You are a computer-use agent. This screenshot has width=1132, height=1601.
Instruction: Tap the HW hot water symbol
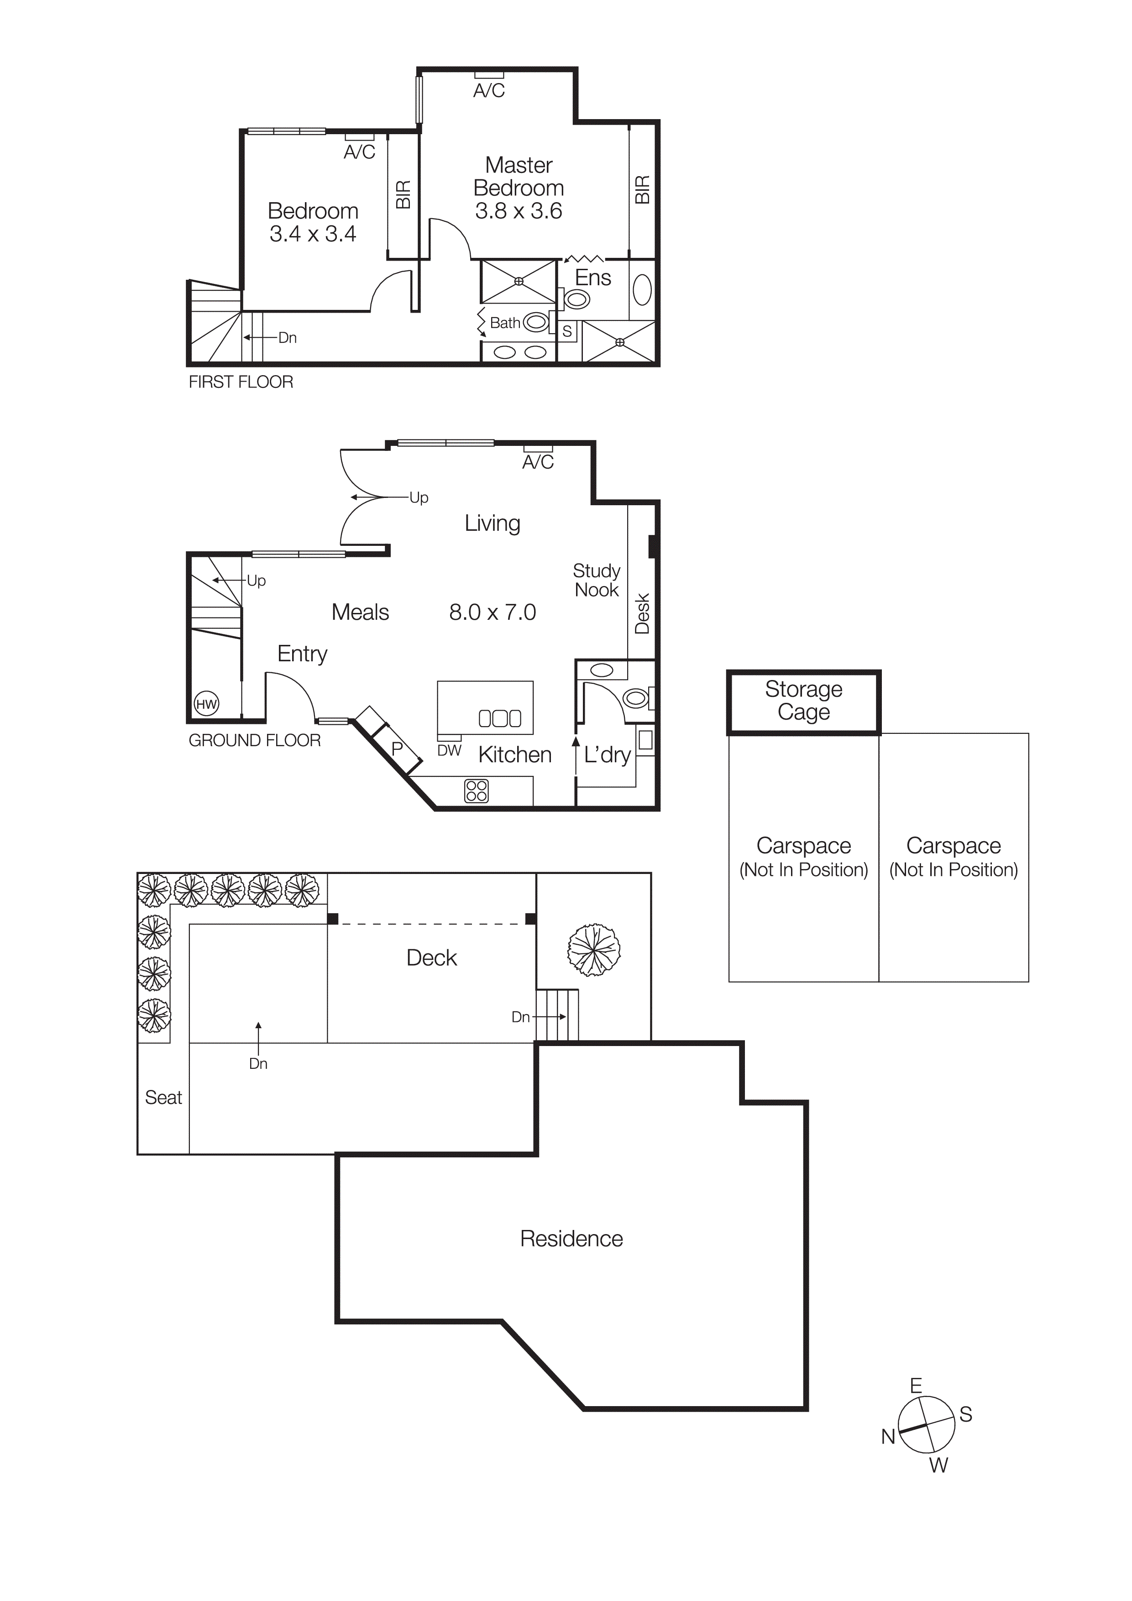pyautogui.click(x=206, y=704)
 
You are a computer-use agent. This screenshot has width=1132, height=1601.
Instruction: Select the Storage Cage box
pyautogui.click(x=803, y=701)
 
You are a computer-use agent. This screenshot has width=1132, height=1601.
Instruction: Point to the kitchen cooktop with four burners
pyautogui.click(x=477, y=791)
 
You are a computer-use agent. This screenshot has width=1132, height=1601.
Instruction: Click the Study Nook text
pyautogui.click(x=596, y=580)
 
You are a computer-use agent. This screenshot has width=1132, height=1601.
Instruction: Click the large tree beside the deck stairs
pyautogui.click(x=593, y=950)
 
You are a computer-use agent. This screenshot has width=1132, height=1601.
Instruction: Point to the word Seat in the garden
pyautogui.click(x=163, y=1098)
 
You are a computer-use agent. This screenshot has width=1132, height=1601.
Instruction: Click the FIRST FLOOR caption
pyautogui.click(x=241, y=382)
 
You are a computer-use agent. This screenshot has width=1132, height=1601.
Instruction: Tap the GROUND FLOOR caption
pyautogui.click(x=255, y=741)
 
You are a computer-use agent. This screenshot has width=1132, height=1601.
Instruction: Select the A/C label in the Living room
pyautogui.click(x=538, y=462)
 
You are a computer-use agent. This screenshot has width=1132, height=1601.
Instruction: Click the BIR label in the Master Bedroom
pyautogui.click(x=642, y=190)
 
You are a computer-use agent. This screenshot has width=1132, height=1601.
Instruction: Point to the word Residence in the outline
pyautogui.click(x=571, y=1239)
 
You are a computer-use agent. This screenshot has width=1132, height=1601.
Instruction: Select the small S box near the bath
pyautogui.click(x=567, y=332)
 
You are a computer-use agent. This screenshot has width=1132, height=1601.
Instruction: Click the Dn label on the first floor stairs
pyautogui.click(x=288, y=337)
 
